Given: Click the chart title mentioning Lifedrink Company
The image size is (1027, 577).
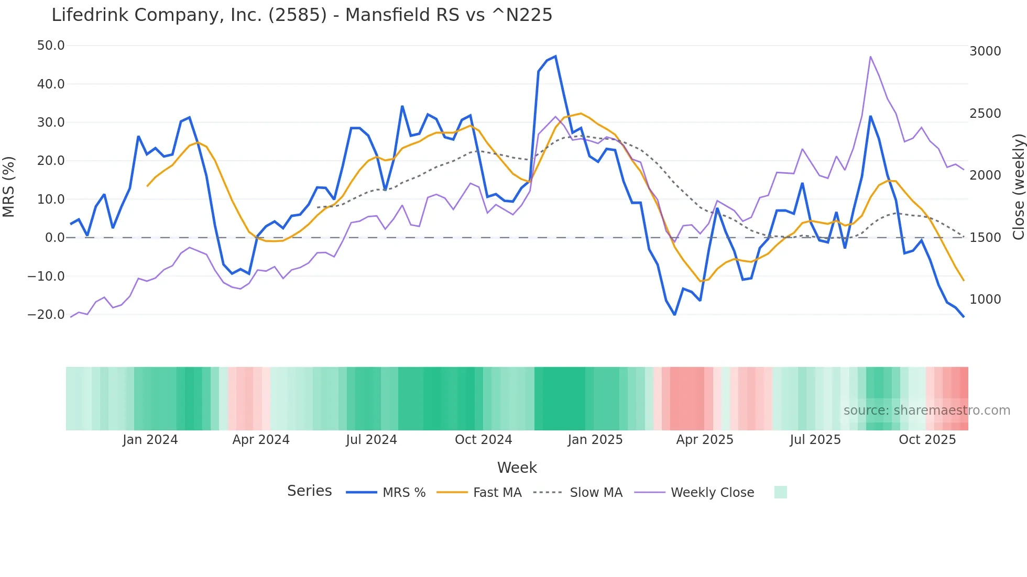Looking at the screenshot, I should (302, 15).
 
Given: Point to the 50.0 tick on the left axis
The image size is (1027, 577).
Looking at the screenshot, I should (51, 46).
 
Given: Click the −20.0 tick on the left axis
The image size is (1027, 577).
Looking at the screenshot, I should (47, 315).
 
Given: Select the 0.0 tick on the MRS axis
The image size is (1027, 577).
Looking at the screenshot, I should (54, 238).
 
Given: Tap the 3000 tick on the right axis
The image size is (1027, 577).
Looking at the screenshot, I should (985, 51).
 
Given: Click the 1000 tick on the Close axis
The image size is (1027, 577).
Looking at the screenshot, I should (985, 299).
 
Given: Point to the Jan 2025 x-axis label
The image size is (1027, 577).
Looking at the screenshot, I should (595, 440).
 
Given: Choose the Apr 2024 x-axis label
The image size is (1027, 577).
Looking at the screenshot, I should (261, 440).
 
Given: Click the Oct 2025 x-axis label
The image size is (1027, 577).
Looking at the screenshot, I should (927, 440).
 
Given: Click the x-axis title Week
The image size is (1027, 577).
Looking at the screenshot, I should (517, 468).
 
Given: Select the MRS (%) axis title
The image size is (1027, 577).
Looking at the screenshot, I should (9, 186).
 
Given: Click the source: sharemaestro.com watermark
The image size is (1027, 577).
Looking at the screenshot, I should (926, 410).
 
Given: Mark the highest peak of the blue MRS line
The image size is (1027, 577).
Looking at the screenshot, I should (555, 57).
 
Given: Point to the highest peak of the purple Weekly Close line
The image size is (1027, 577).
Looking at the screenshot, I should (870, 57).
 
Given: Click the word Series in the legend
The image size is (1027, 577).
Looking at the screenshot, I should (309, 491).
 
